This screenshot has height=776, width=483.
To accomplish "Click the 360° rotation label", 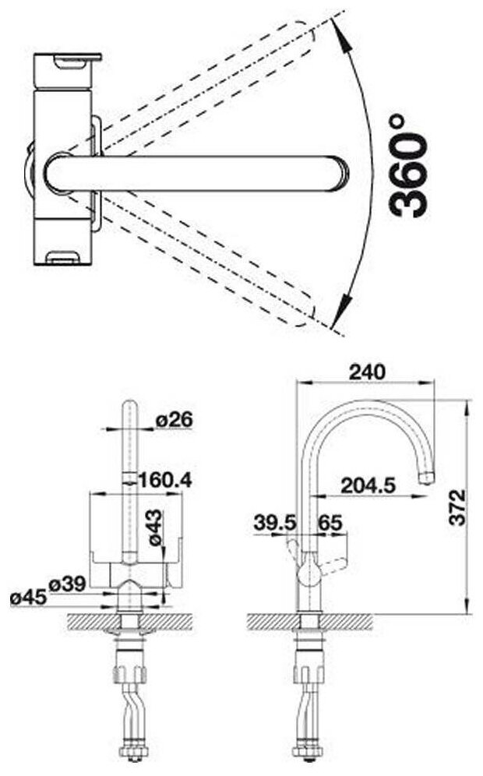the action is click(408, 166).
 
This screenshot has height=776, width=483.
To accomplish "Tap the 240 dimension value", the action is click(367, 372).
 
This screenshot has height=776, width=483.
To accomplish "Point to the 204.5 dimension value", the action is click(368, 485).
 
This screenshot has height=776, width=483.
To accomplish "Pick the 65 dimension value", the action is click(330, 522).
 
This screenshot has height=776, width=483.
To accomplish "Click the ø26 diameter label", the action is click(174, 420).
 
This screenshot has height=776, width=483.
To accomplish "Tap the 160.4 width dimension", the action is click(165, 480).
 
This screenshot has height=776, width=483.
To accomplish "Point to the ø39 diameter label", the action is click(67, 584).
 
